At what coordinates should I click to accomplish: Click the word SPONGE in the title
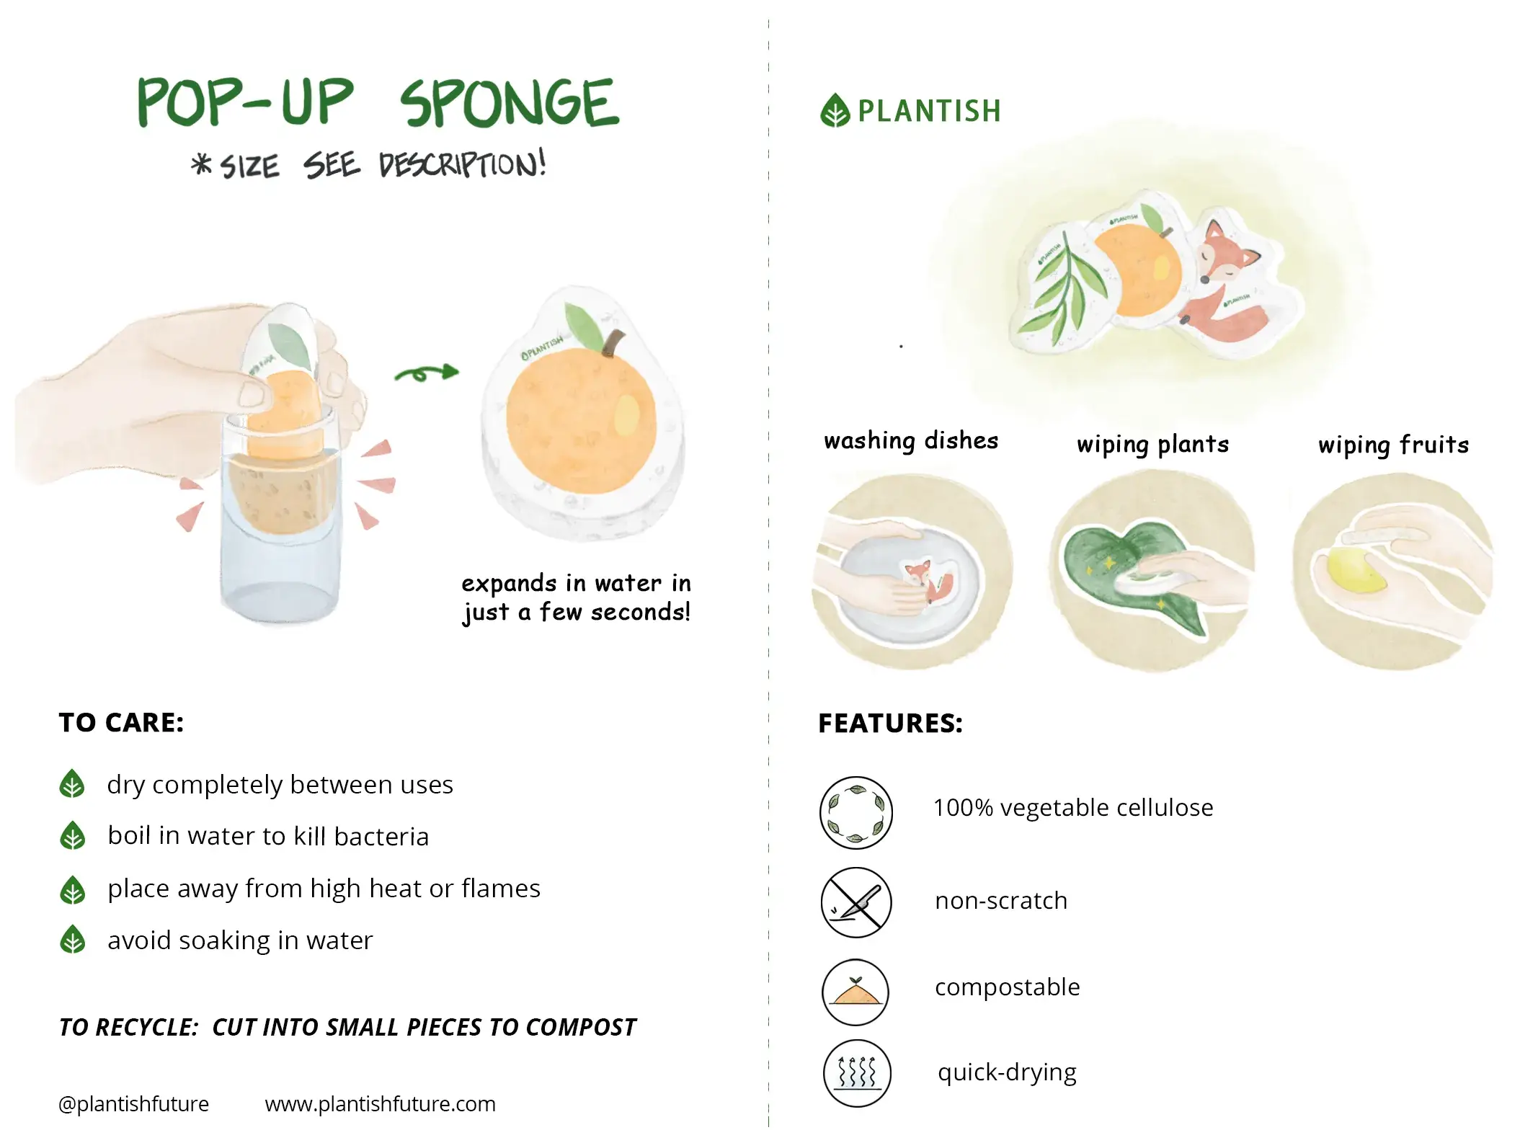click(509, 104)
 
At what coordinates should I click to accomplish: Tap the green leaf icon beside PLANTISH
click(835, 111)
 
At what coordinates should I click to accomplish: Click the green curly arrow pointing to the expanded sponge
click(426, 373)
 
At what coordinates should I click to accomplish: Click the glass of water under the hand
click(280, 548)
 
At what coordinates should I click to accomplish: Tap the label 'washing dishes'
click(911, 440)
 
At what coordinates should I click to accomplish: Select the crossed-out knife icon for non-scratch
click(856, 902)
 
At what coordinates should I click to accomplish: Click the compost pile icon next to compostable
click(855, 992)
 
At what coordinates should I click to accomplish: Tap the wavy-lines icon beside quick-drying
click(857, 1073)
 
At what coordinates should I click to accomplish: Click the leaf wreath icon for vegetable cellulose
click(856, 812)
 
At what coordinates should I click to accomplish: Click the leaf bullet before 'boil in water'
click(72, 836)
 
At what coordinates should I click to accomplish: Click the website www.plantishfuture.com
click(380, 1104)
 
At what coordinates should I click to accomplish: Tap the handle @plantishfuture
click(133, 1104)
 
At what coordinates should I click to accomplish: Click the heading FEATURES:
click(890, 724)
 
